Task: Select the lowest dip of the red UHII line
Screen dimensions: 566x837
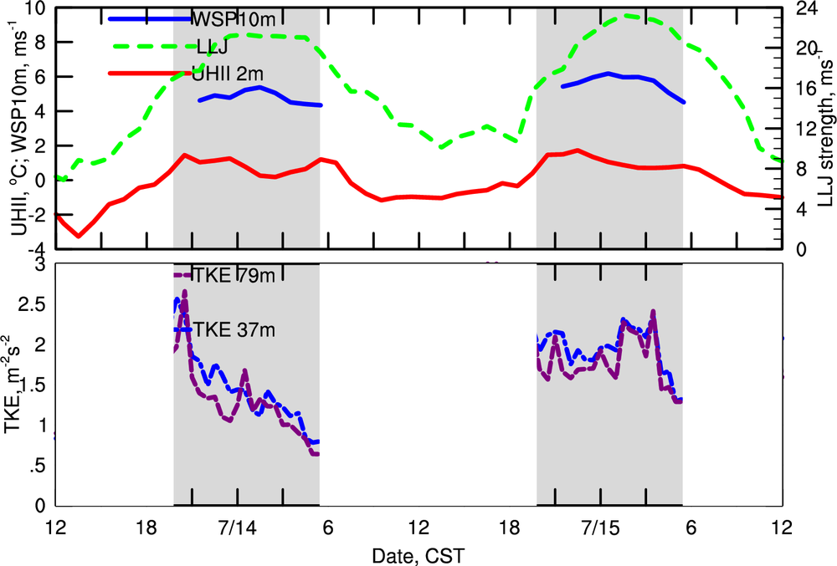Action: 79,236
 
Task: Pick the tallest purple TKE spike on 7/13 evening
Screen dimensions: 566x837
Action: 184,292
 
